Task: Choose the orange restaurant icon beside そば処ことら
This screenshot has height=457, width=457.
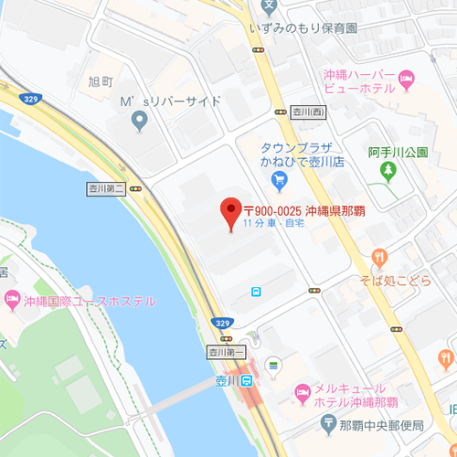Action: click(x=382, y=257)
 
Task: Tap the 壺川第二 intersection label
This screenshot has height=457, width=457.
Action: click(x=105, y=188)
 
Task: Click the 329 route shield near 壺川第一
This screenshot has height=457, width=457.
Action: click(x=221, y=323)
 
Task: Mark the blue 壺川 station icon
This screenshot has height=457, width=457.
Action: click(x=246, y=381)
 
